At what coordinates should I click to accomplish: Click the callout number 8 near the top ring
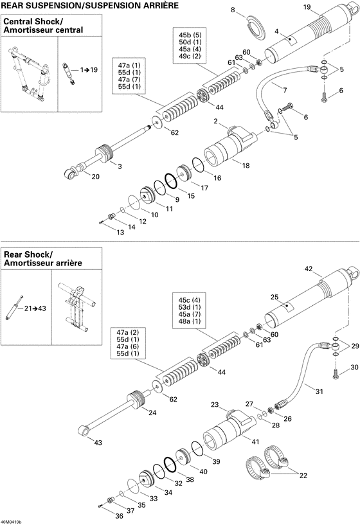tap(233, 10)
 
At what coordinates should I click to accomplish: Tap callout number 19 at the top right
tap(307, 7)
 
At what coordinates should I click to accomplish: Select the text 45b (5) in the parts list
tap(190, 34)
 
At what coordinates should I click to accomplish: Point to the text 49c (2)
tap(190, 57)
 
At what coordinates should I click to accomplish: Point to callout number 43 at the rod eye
tap(98, 442)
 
